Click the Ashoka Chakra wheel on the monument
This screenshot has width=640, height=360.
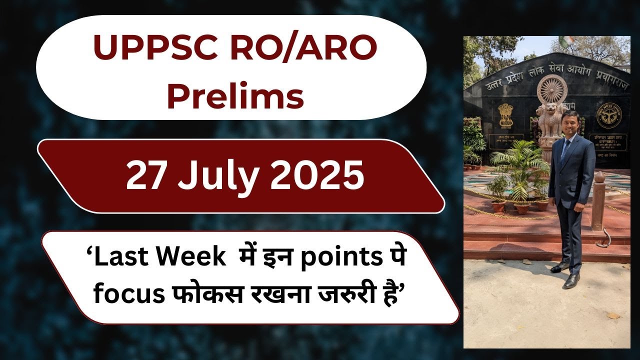tap(551, 90)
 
